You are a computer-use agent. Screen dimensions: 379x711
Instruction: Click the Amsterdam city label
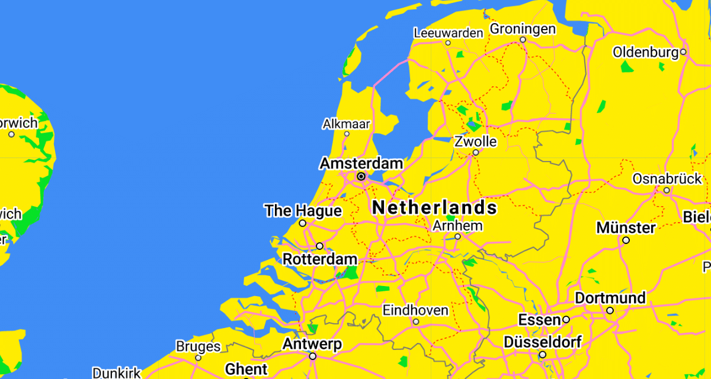(x=361, y=163)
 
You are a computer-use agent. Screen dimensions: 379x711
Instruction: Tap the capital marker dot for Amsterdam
(x=361, y=176)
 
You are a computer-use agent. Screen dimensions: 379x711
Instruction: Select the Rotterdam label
(x=320, y=259)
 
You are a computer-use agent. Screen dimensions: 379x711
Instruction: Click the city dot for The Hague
(x=303, y=223)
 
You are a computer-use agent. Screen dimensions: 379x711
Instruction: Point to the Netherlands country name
(x=434, y=207)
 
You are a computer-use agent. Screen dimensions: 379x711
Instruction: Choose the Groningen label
(x=523, y=28)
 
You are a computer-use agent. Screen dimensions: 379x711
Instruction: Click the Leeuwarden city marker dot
(x=448, y=43)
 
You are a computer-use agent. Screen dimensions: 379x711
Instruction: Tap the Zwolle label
(x=475, y=142)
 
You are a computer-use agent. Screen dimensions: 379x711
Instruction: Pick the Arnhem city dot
(x=457, y=236)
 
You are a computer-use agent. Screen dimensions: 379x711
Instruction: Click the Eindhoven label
(x=415, y=310)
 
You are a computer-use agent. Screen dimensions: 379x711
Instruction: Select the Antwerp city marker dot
(x=312, y=356)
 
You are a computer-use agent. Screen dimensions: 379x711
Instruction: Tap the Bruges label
(x=198, y=346)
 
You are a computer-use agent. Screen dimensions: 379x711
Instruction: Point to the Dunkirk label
(x=117, y=373)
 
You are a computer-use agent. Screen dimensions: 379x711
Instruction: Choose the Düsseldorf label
(x=542, y=342)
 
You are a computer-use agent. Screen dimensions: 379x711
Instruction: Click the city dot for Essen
(x=566, y=319)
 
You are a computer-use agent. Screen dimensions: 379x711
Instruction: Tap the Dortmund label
(x=610, y=297)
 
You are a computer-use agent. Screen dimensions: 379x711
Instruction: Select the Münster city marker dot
(x=626, y=240)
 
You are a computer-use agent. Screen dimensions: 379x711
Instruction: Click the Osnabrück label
(x=667, y=178)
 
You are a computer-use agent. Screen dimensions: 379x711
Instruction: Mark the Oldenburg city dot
(x=683, y=52)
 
